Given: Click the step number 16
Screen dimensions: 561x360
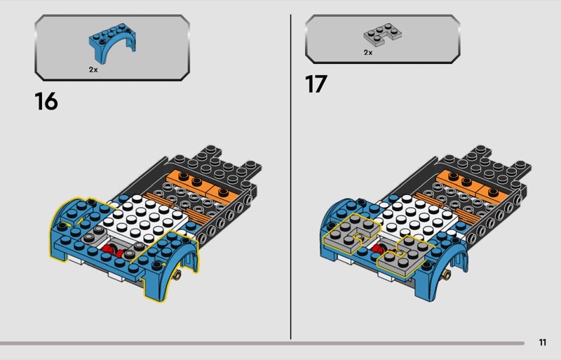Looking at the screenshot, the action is pos(46,101).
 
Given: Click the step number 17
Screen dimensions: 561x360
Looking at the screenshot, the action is pos(316,84).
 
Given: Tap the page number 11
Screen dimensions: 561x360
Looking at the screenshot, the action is pos(542,342).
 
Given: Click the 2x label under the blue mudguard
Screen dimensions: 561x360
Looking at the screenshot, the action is pos(93,70).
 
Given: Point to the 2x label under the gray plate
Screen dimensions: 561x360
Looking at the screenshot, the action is pos(367,53).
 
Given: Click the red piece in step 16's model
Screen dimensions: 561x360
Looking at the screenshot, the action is pos(114,251).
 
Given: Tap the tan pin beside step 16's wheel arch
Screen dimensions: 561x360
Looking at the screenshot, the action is pos(177,275).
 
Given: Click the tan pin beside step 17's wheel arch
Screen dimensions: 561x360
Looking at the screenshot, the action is pos(447,275).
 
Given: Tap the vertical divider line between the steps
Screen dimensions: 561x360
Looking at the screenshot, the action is pos(290,177).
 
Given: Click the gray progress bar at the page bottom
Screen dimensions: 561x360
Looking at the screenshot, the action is pos(262,343).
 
